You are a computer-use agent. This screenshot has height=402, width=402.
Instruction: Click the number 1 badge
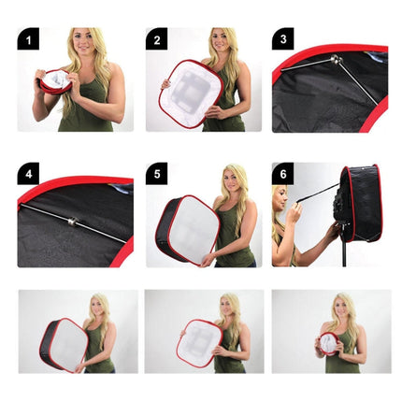29,40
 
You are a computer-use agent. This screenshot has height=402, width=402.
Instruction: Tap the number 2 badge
157,40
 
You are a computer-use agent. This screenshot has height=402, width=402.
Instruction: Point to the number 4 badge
29,175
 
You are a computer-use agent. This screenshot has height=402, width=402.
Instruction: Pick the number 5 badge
157,175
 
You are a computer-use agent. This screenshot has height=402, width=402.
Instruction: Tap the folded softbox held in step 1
55,81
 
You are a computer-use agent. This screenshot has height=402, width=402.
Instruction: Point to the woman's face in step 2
220,41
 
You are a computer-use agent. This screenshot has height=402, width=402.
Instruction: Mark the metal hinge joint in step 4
70,222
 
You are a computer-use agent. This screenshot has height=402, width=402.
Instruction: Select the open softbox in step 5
187,230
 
